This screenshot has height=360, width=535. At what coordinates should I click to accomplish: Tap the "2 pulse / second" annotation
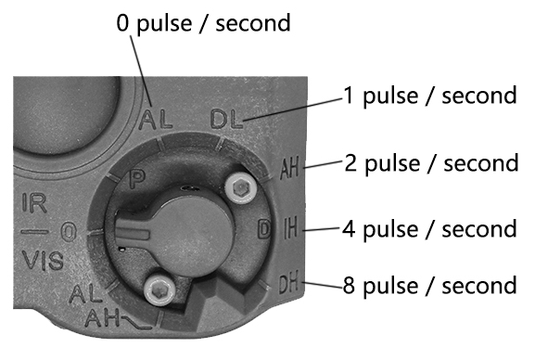(429, 162)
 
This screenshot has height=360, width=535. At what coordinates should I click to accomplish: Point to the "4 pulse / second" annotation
(429, 227)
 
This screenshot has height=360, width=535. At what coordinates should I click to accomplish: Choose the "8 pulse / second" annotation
(429, 285)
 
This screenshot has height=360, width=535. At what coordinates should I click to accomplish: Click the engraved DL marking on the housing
(225, 120)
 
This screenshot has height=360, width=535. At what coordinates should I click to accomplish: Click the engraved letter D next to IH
(263, 227)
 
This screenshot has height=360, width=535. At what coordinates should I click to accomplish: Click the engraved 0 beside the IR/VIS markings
(69, 230)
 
